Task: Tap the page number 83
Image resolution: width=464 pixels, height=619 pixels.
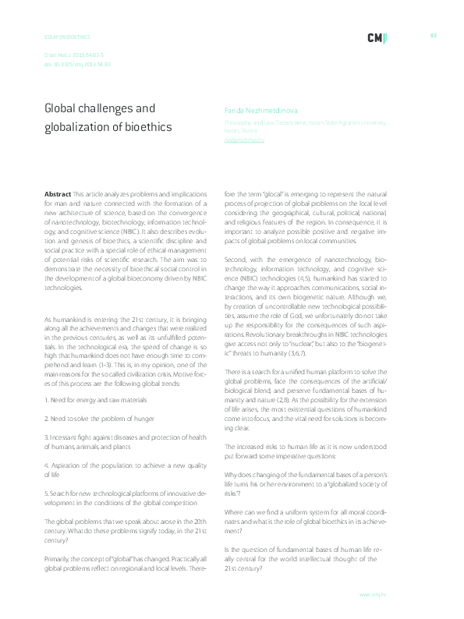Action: click(x=433, y=35)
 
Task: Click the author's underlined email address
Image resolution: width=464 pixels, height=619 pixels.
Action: click(x=245, y=140)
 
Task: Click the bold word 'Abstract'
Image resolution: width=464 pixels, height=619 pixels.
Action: click(x=58, y=193)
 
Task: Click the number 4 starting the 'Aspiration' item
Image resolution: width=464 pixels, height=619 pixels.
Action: click(x=46, y=465)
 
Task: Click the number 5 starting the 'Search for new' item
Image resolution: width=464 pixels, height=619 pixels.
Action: click(x=46, y=493)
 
